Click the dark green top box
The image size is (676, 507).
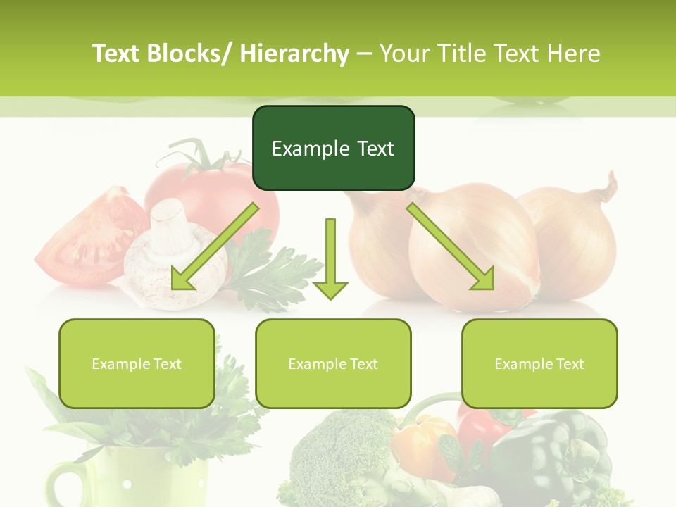click(333, 148)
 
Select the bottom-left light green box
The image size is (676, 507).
click(137, 363)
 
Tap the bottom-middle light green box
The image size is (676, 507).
click(333, 363)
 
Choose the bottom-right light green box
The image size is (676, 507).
click(539, 363)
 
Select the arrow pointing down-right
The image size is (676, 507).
click(451, 247)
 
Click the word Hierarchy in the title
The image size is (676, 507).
click(294, 54)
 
